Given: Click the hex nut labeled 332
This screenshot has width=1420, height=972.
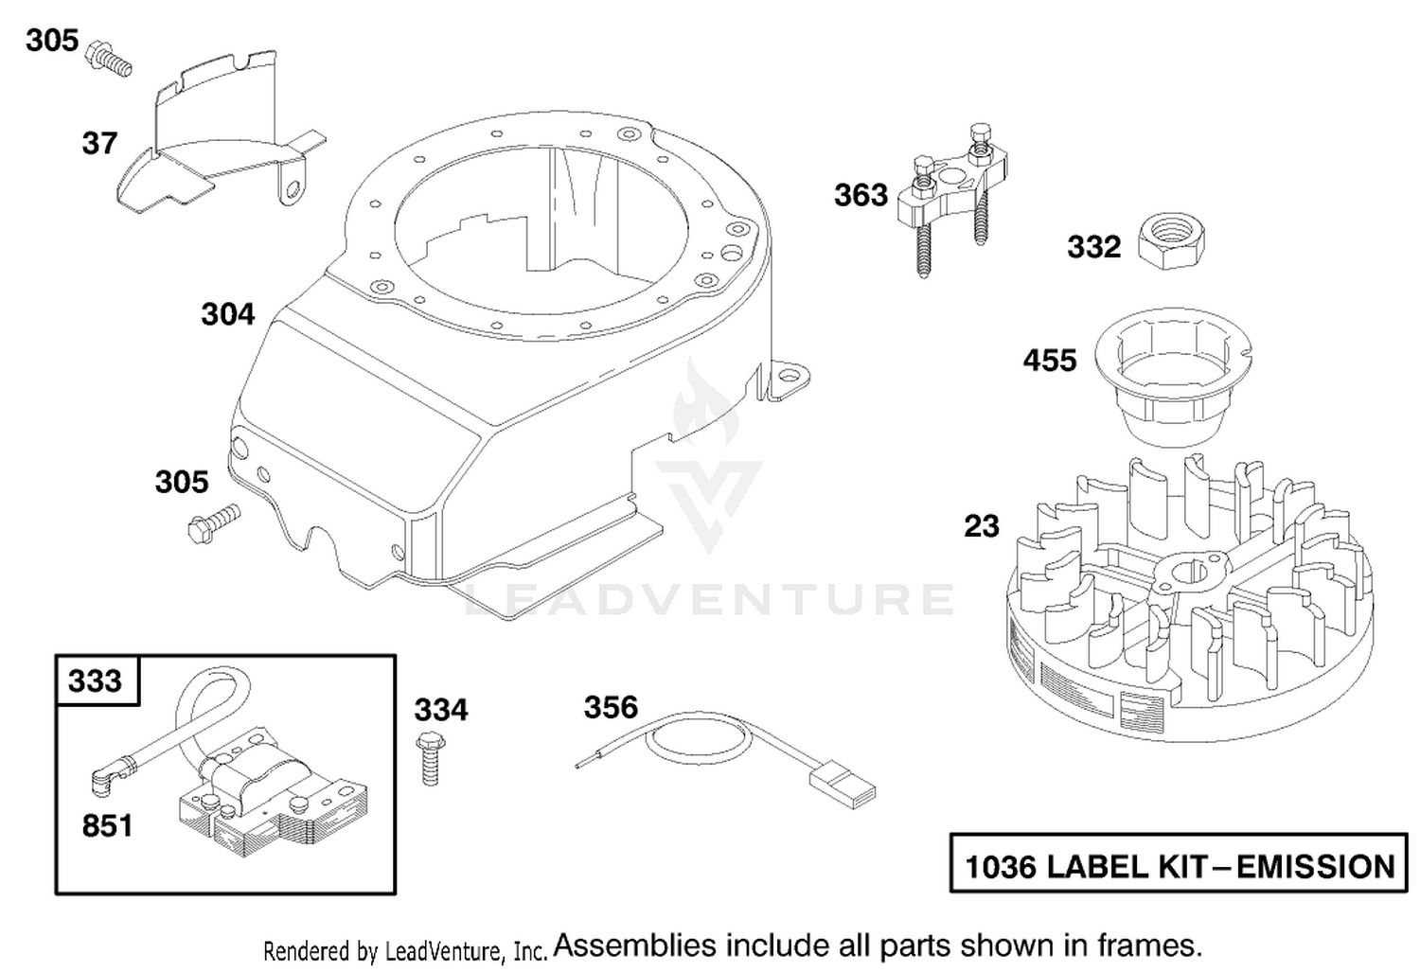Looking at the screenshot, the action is [x=1172, y=240].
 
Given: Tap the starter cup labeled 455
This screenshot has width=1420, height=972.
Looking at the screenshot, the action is [x=1174, y=377].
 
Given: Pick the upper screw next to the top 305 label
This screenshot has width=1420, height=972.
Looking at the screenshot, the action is [x=108, y=59].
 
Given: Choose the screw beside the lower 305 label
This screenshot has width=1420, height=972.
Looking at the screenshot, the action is [x=215, y=521].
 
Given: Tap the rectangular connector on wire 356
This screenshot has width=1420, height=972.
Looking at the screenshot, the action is [x=843, y=789].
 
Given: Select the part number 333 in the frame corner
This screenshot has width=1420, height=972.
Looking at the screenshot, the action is [x=95, y=681].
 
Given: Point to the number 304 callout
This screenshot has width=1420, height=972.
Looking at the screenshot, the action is [x=227, y=314].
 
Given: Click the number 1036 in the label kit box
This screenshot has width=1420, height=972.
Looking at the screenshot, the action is [x=1000, y=867].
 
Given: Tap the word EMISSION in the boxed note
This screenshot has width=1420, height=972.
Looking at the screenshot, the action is [x=1316, y=867].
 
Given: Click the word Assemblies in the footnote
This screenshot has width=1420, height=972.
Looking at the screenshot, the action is [x=635, y=946].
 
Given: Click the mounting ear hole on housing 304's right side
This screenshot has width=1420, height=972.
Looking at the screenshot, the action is [x=789, y=376].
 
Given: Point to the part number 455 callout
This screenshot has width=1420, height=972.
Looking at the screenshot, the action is [x=1050, y=361].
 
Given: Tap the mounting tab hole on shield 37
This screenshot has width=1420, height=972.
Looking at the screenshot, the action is [x=293, y=189].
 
